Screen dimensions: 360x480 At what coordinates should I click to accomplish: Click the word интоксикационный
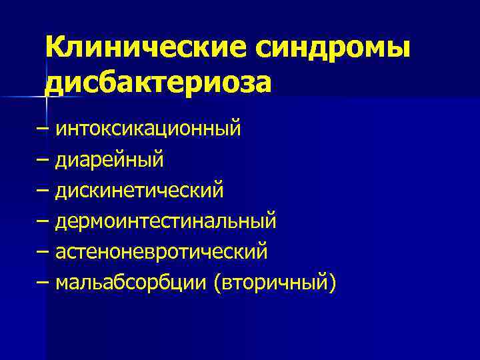(148, 128)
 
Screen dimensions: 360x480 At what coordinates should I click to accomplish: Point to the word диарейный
(109, 159)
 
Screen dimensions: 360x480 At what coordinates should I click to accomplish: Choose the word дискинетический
(139, 191)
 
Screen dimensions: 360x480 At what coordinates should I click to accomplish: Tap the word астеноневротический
(161, 252)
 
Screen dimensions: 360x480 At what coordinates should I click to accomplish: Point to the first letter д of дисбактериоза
(54, 83)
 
